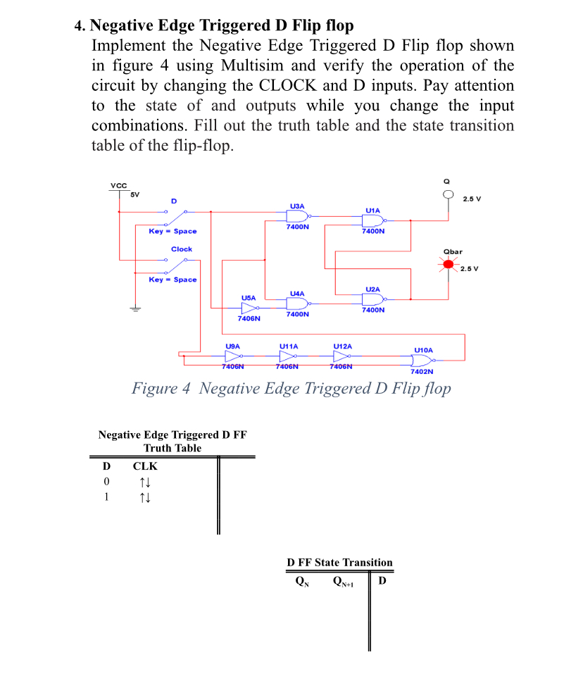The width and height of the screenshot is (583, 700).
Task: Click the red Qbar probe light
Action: tap(449, 265)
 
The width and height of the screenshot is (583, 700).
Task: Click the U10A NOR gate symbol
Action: tap(420, 359)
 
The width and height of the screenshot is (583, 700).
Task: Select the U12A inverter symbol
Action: tap(342, 357)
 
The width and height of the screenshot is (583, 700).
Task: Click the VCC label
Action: tap(119, 185)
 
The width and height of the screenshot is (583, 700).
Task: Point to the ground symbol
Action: tap(130, 308)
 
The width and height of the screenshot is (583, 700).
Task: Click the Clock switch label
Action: tap(181, 249)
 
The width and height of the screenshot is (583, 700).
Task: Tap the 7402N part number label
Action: tap(421, 371)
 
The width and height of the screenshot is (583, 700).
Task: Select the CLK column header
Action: tap(145, 466)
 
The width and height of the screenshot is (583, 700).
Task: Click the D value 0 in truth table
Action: tap(106, 482)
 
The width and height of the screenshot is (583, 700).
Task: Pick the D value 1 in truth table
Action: tap(106, 497)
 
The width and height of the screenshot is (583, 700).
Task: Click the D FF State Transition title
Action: tap(339, 562)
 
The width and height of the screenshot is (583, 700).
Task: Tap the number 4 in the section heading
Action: tap(78, 26)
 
